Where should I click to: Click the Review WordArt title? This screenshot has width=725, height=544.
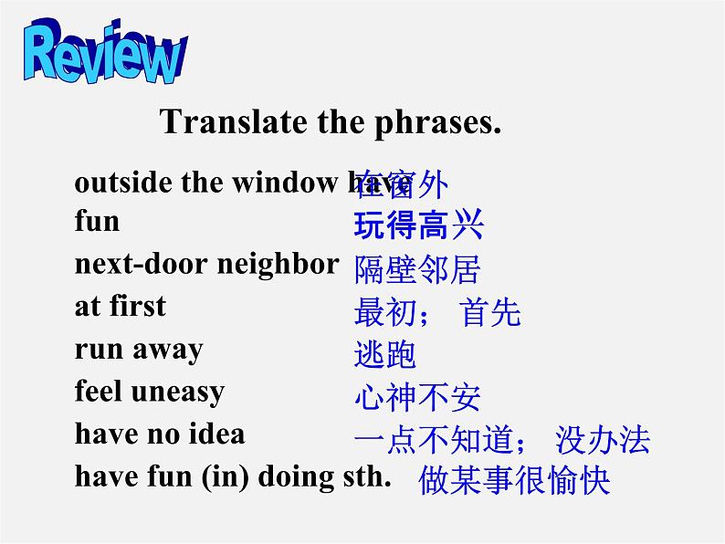click(104, 57)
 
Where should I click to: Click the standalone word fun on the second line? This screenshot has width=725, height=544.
click(97, 221)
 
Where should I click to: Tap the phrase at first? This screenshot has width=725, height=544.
click(121, 306)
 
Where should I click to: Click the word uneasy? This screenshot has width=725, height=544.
click(178, 392)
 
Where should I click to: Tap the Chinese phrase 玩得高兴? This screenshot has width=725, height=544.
click(418, 225)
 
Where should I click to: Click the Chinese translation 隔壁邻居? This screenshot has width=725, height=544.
click(416, 269)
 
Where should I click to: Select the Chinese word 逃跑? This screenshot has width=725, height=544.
click(384, 354)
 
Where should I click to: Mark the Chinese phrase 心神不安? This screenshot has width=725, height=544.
click(416, 397)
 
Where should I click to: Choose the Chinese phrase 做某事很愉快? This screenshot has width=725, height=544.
click(513, 480)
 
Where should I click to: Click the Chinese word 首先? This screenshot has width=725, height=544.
click(491, 312)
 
